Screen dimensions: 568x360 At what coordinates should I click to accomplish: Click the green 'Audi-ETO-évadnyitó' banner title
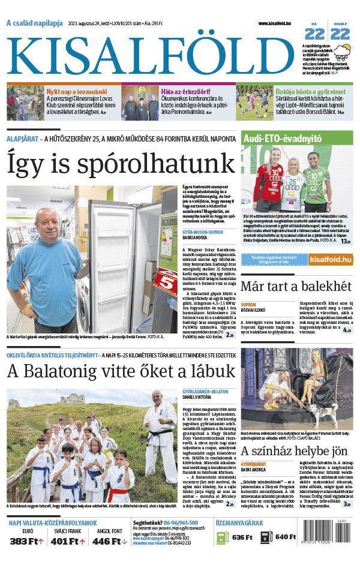click(282, 139)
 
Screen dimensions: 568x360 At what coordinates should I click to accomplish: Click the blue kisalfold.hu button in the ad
click(330, 259)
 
